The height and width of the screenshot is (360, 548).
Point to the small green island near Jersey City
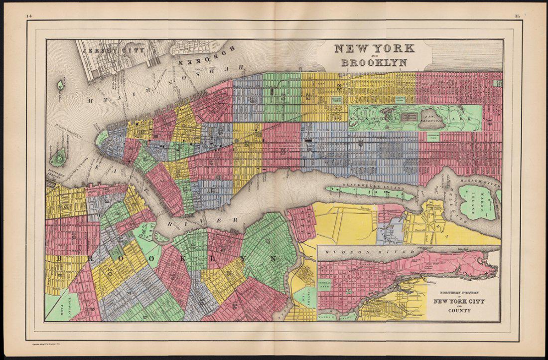pos(60,85)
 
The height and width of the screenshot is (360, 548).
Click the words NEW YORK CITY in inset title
pos(458,301)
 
